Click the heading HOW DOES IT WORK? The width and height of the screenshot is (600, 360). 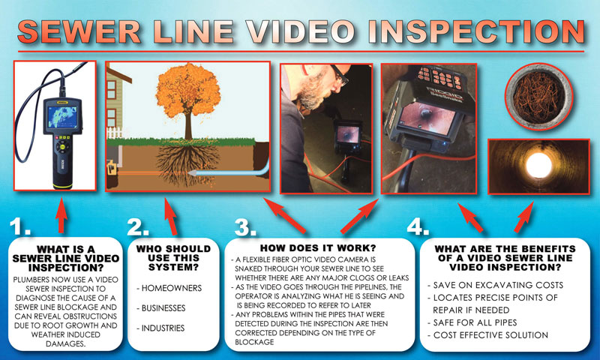(x=318, y=247)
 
